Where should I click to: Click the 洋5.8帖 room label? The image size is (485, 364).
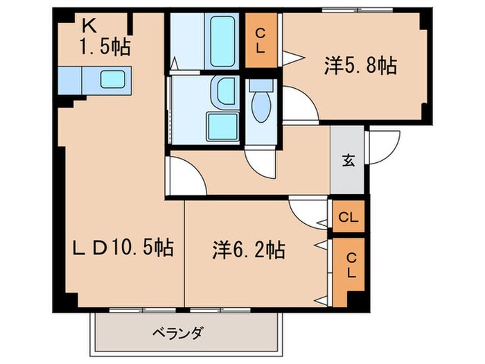pyautogui.click(x=360, y=67)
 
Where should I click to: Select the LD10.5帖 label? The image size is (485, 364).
pyautogui.click(x=124, y=246)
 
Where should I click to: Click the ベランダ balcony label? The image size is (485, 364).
pyautogui.click(x=177, y=333)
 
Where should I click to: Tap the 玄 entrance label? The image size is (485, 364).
pyautogui.click(x=349, y=162)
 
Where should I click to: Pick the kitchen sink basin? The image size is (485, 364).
pyautogui.click(x=112, y=79)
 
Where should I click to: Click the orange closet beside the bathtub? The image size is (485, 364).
pyautogui.click(x=261, y=40)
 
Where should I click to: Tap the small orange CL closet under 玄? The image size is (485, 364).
pyautogui.click(x=349, y=217)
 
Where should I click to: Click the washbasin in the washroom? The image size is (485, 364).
pyautogui.click(x=224, y=90)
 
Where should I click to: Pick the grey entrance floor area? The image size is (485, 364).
pyautogui.click(x=349, y=173)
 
